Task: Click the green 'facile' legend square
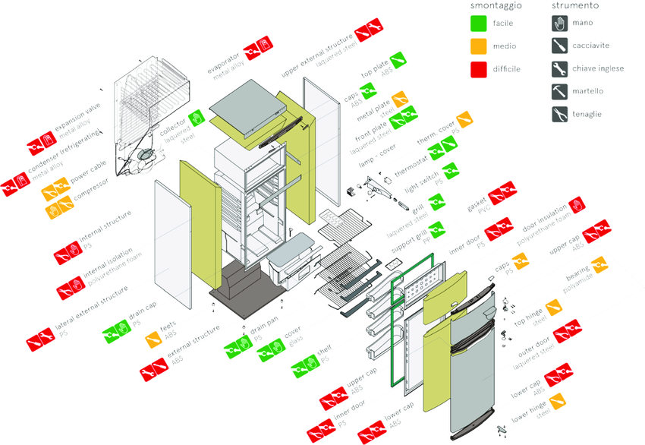(478, 24)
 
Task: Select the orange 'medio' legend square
(478, 46)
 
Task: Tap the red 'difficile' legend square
(478, 69)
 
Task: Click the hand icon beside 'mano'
(560, 24)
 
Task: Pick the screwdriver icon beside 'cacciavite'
(560, 46)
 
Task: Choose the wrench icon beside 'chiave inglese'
(560, 69)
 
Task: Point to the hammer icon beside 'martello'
(560, 92)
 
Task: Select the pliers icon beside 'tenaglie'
(560, 115)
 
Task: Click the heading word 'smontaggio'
(496, 5)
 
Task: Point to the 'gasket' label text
(477, 206)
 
